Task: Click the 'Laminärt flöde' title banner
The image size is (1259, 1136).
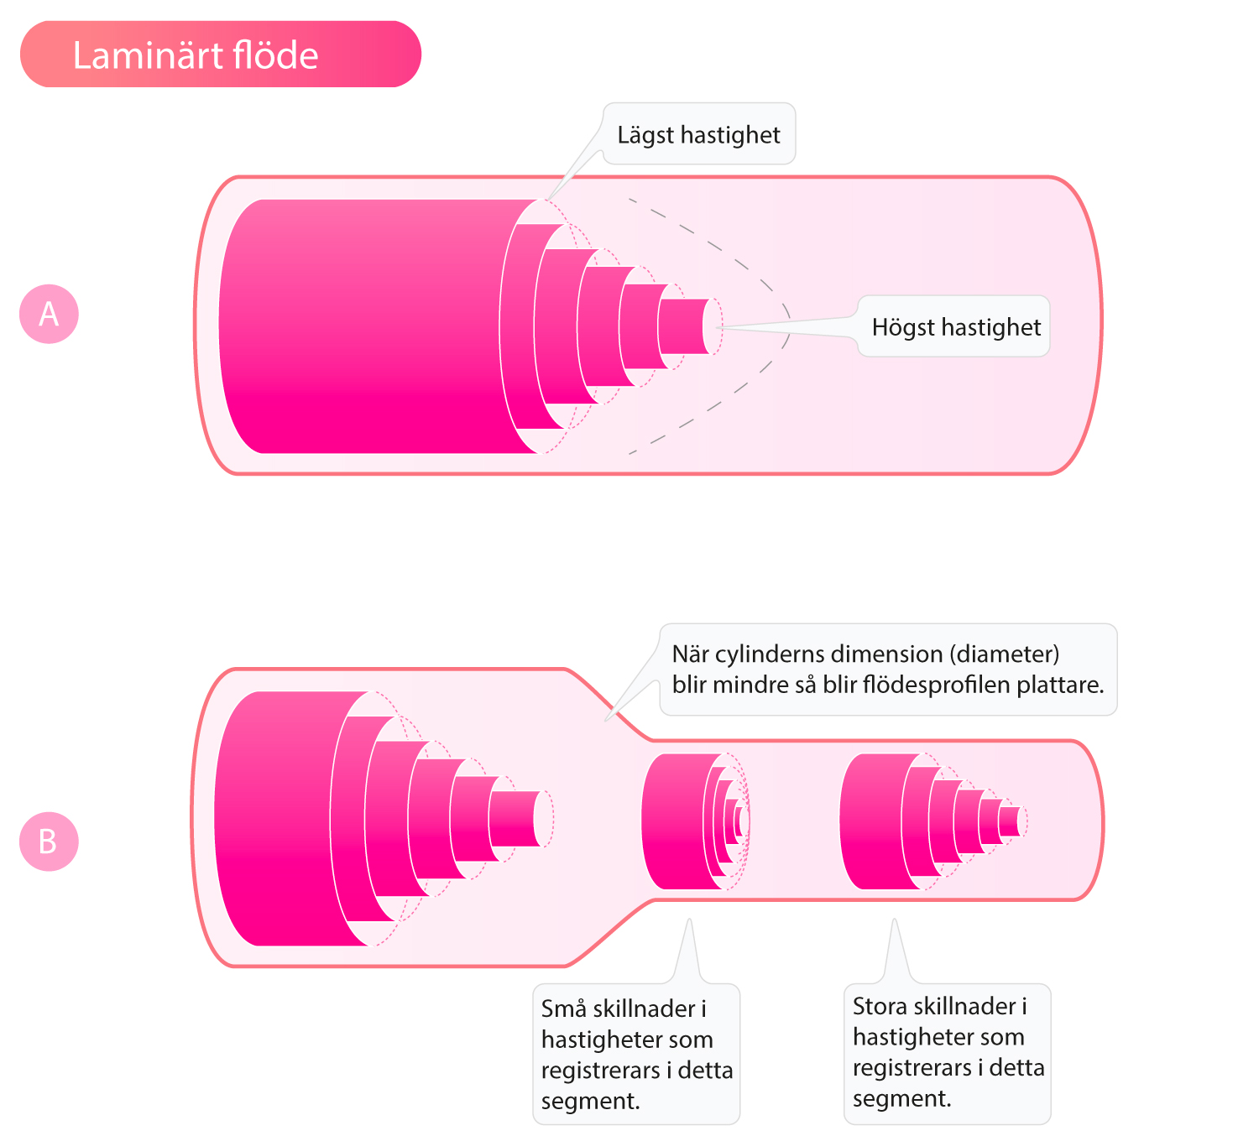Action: coord(220,54)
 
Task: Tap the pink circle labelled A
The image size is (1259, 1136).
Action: coord(49,314)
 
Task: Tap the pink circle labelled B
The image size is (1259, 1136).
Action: coord(49,842)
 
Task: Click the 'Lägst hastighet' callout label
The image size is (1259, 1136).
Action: coord(698,134)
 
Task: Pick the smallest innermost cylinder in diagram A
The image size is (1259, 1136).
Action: coord(687,326)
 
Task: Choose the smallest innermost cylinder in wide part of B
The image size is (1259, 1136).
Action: coord(520,819)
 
